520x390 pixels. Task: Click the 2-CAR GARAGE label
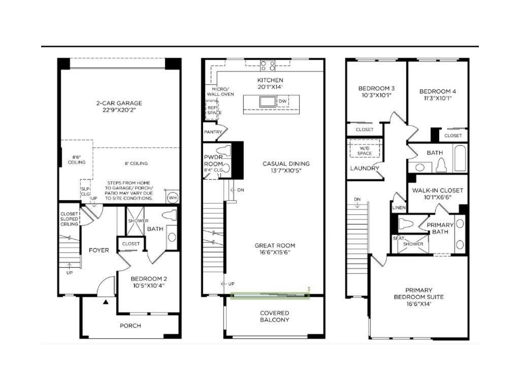click(119, 103)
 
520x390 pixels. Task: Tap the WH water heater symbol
click(172, 197)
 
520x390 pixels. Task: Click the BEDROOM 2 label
click(149, 279)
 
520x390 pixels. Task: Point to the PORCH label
click(131, 326)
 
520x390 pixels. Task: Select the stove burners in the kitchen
click(268, 65)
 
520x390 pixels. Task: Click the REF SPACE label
click(212, 110)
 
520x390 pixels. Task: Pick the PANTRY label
click(213, 132)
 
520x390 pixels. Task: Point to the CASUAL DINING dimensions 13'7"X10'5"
click(286, 171)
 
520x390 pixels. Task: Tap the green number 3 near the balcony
click(308, 289)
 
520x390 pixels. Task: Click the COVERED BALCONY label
click(274, 316)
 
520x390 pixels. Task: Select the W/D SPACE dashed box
click(365, 150)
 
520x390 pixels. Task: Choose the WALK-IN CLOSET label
click(437, 190)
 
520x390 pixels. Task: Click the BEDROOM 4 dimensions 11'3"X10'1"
click(437, 99)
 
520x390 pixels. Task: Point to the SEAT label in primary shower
click(398, 238)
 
